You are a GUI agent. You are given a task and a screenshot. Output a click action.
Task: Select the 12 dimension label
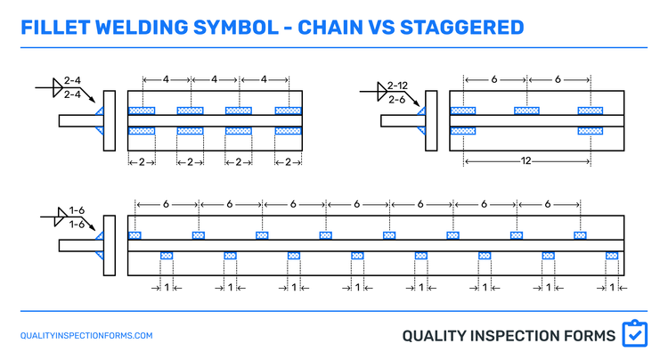[x=527, y=161]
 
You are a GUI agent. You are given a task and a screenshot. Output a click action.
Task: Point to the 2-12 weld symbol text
[x=398, y=86]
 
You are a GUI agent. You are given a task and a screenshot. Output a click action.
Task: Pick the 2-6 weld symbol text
[x=395, y=99]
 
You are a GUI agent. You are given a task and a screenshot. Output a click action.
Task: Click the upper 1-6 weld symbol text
[x=77, y=211]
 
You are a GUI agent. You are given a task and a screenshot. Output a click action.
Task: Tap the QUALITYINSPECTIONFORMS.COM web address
[x=86, y=335]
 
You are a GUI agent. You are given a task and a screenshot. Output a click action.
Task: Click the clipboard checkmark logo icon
[x=634, y=333]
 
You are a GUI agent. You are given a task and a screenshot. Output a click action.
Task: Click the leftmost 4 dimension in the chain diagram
[x=167, y=79]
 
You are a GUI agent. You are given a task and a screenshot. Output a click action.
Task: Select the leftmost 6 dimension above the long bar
[x=167, y=203]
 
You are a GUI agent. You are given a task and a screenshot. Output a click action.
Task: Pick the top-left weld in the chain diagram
[x=142, y=111]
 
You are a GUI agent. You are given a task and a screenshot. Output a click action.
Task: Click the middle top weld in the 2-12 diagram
[x=526, y=111]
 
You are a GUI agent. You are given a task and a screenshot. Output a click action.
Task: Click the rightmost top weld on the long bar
[x=580, y=235]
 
